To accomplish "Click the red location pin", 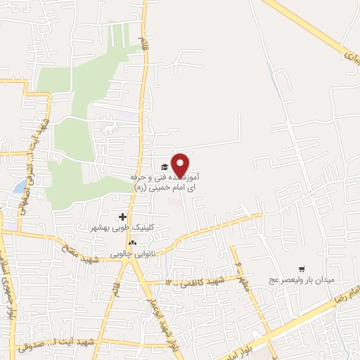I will tap(181, 165).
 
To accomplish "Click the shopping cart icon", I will tap(302, 268).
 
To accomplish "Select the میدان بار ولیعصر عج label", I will tap(302, 280).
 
